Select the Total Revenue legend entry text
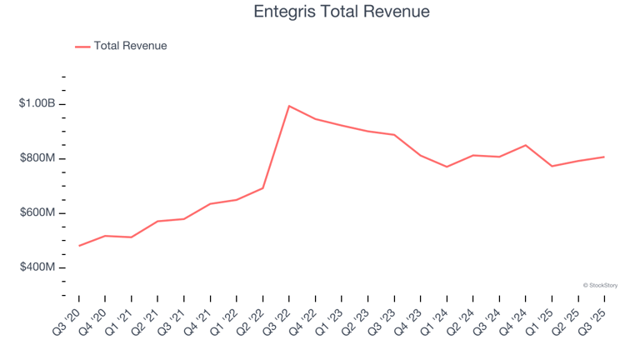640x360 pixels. [x=130, y=46]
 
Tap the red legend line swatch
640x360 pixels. [x=82, y=47]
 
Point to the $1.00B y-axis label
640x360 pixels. [x=37, y=104]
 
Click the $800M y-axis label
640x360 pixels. [x=37, y=158]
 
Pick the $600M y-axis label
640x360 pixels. [x=37, y=213]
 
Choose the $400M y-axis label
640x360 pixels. [x=37, y=267]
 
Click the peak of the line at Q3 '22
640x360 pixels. [x=289, y=106]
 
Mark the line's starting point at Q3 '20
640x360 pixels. [x=79, y=246]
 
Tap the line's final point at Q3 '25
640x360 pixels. [x=604, y=157]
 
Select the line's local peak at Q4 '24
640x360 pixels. [x=525, y=145]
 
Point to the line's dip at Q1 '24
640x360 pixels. [x=447, y=167]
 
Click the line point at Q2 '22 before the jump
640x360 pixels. [x=262, y=187]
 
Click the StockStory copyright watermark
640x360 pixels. [x=600, y=285]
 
